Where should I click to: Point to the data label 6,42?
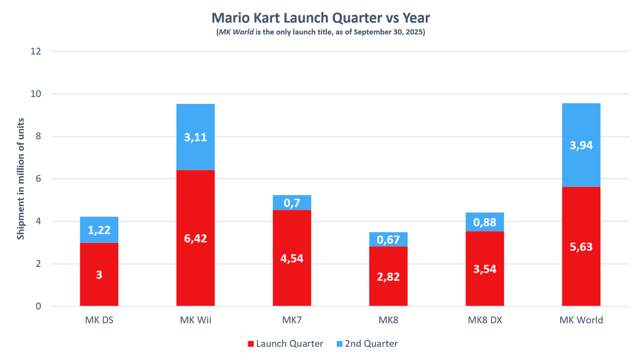(195, 238)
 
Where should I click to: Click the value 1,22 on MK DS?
(99, 230)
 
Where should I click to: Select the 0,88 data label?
(485, 221)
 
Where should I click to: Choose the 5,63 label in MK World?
(581, 247)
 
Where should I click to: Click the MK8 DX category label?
(485, 320)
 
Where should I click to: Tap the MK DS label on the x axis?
(99, 320)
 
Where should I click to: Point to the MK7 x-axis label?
(292, 320)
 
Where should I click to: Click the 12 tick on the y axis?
(36, 51)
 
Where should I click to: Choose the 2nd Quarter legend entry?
(371, 344)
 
